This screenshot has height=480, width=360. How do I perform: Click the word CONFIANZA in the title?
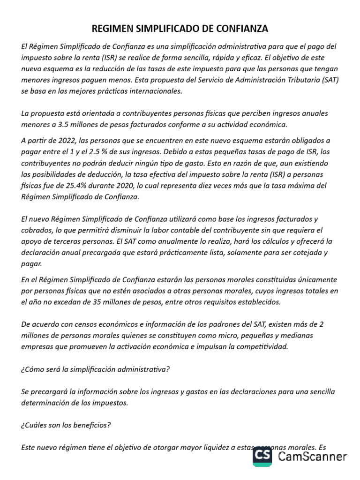[x=242, y=29]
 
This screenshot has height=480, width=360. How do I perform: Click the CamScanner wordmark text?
[x=312, y=456]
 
